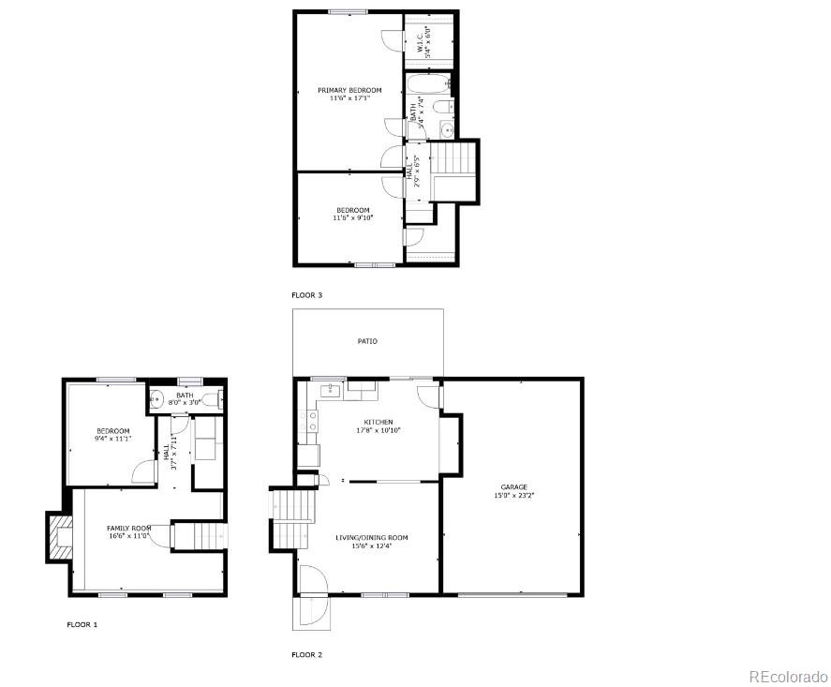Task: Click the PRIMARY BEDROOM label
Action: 349,90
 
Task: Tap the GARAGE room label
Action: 513,486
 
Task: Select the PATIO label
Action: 367,341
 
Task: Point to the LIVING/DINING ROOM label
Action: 372,537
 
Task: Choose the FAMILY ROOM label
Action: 128,528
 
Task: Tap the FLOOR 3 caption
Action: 306,295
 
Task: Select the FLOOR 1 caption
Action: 82,624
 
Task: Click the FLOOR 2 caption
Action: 306,654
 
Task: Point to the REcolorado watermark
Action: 787,676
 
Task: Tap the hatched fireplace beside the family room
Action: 60,538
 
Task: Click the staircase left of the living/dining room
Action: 291,519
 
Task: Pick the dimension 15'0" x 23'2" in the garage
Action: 513,496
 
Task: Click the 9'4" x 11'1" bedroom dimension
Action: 112,439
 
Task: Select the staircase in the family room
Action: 197,535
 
